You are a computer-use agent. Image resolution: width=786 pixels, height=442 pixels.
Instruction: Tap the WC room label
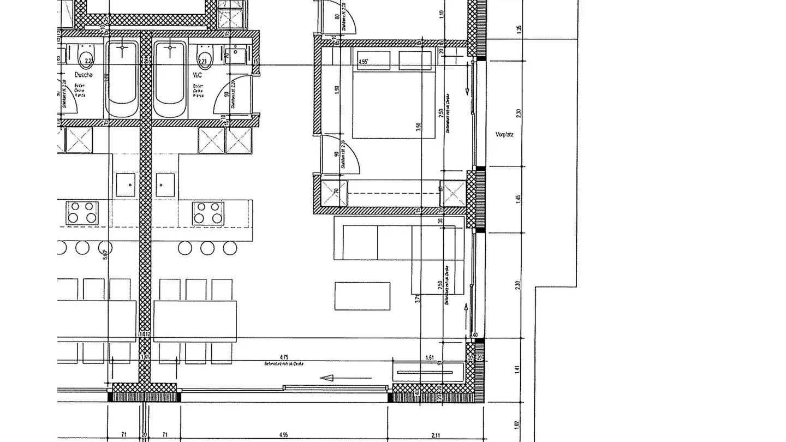197,75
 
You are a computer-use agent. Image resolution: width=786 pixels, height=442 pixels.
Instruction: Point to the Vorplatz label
504,135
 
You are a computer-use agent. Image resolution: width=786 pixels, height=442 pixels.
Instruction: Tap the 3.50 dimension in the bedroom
419,127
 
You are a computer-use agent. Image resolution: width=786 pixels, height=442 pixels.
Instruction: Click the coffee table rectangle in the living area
362,296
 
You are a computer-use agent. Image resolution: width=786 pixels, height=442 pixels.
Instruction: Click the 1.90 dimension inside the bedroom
337,90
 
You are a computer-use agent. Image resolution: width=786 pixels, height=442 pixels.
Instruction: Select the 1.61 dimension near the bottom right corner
430,358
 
